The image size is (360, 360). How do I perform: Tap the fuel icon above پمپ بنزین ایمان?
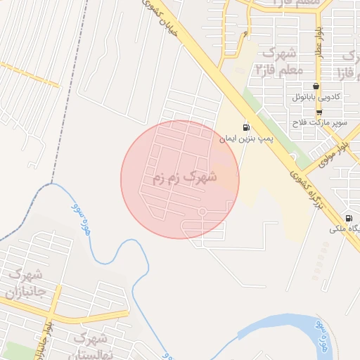point(245,127)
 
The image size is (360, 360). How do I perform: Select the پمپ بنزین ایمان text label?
point(247,140)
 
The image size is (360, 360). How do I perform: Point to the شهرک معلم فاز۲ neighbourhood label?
point(278,62)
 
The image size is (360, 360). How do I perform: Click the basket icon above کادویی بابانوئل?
point(316,86)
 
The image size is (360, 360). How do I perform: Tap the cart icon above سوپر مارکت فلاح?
point(319,112)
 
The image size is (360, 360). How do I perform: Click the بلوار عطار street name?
point(318,44)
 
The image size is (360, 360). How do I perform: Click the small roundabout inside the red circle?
point(202,211)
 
